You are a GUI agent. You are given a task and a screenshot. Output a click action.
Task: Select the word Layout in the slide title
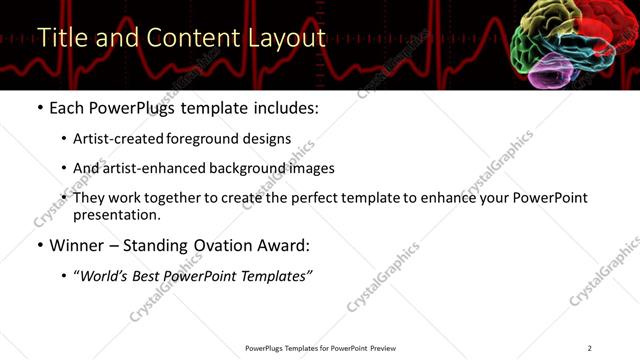[x=284, y=38]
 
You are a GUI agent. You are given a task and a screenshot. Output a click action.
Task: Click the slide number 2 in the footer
[x=590, y=348]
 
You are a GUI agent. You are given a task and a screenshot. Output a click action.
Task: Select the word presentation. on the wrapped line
[x=116, y=214]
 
